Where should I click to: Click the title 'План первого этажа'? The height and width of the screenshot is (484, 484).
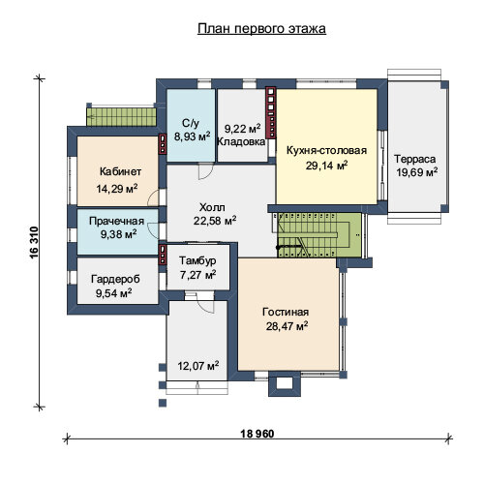(261, 29)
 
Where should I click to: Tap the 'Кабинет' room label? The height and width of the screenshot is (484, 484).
(120, 171)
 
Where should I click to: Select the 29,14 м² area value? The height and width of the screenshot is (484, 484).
(326, 166)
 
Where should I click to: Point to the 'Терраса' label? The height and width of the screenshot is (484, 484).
(414, 159)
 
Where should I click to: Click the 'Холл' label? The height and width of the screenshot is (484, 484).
(212, 207)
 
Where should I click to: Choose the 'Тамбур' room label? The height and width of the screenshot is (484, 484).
(197, 260)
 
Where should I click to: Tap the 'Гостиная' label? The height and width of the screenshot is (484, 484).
(286, 312)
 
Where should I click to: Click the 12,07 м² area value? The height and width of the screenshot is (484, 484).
(198, 366)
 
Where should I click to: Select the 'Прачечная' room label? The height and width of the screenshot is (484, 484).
(116, 221)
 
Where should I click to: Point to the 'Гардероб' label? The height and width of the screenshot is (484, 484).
(115, 279)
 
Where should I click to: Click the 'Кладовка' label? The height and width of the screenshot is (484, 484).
(241, 141)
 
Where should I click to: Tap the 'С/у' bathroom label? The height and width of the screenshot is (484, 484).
(191, 123)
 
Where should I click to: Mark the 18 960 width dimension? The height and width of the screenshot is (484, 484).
(257, 434)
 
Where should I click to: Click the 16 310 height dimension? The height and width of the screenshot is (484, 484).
(34, 242)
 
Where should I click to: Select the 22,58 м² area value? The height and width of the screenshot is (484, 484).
(215, 221)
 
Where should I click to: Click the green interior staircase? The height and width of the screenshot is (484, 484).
(319, 235)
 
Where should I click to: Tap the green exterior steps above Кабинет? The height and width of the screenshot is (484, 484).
(121, 117)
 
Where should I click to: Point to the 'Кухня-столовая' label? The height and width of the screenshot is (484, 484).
(326, 150)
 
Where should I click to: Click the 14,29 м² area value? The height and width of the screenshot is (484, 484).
(117, 189)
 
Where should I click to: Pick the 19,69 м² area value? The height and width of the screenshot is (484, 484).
(417, 172)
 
